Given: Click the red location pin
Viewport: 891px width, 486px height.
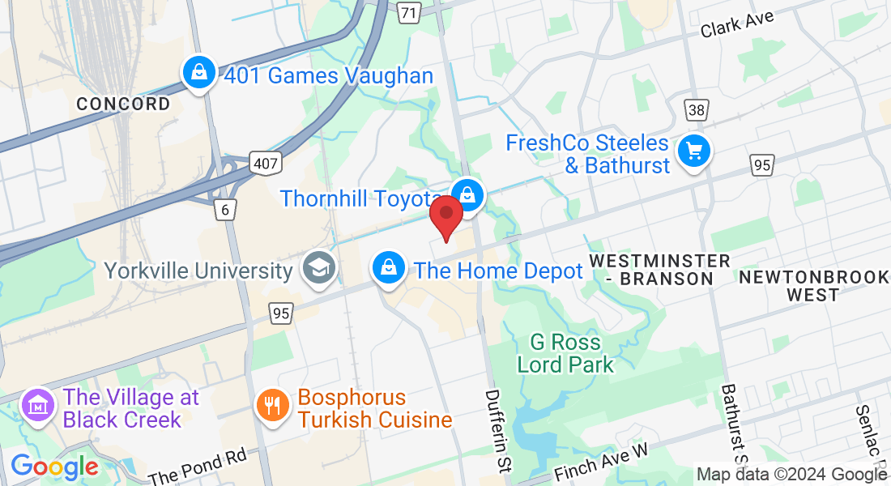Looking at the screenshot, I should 446,213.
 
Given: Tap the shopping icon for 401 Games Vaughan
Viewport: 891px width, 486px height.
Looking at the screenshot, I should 198,74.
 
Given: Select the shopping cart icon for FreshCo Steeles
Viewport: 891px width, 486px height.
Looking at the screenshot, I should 693,151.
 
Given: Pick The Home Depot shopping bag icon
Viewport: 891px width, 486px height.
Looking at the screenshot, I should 390,267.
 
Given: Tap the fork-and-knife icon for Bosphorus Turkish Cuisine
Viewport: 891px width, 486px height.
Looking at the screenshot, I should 273,405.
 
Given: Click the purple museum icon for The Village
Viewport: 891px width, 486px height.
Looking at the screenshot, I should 38,405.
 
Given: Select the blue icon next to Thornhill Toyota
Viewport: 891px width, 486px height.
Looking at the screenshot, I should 467,194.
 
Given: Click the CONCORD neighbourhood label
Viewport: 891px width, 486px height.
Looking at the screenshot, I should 124,104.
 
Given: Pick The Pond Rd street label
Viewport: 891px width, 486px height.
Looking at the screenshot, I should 198,469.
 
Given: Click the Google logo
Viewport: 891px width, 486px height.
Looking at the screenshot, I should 54,467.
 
